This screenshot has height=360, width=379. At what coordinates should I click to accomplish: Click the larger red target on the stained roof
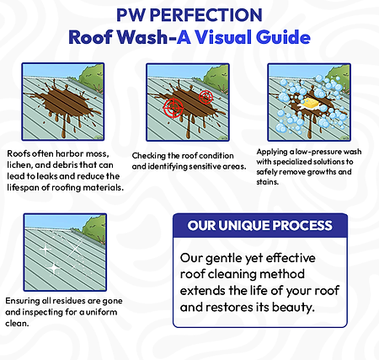point(174,109)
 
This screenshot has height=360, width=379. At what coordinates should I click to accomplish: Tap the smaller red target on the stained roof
point(205,99)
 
